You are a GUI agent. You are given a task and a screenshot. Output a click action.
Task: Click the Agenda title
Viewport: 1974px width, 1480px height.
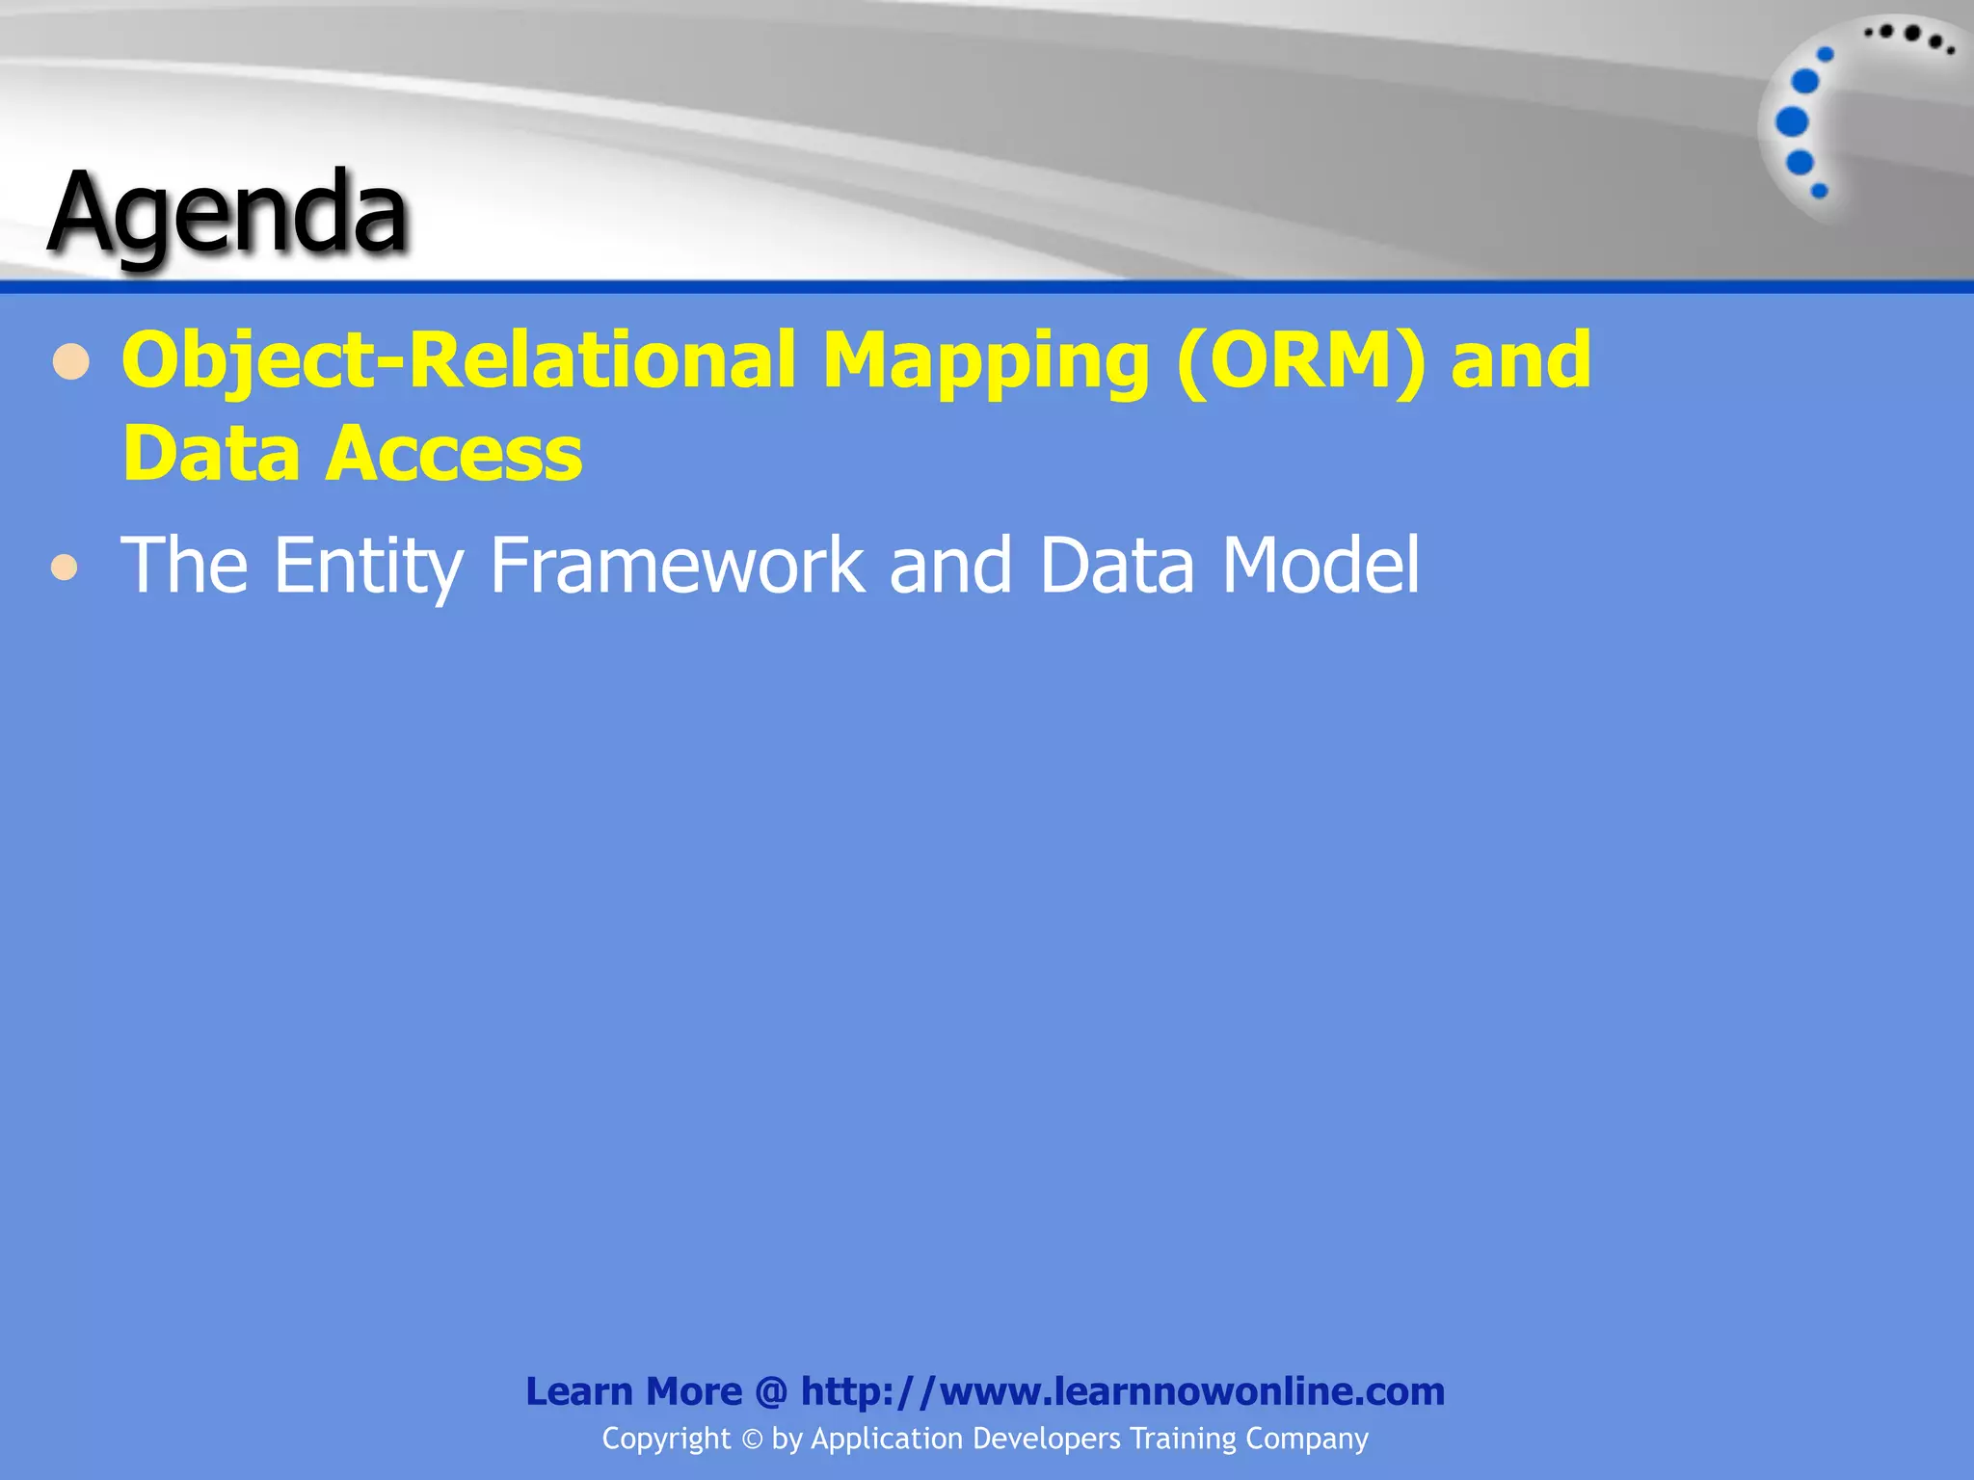coord(228,214)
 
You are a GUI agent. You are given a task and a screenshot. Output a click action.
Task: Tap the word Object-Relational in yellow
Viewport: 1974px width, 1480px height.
coord(459,360)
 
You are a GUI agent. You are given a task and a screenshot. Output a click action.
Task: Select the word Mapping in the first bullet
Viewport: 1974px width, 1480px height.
coord(985,362)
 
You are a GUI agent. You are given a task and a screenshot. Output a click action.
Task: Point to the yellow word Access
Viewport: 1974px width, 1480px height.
coord(454,454)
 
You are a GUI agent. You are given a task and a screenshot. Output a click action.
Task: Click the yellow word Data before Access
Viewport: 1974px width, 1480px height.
coord(211,454)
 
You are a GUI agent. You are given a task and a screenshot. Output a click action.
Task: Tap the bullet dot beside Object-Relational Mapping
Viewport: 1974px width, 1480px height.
coord(71,364)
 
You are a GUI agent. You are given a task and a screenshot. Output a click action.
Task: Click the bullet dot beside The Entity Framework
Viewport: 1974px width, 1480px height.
coord(65,568)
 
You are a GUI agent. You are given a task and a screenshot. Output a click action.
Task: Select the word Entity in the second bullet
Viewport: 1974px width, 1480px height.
coord(368,567)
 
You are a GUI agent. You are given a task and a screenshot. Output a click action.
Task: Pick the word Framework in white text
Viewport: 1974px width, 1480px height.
coord(677,565)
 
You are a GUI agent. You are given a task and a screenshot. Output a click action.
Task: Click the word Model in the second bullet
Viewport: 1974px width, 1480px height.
coord(1320,565)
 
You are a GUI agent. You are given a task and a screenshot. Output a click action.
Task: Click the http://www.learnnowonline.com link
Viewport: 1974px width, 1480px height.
coord(1122,1391)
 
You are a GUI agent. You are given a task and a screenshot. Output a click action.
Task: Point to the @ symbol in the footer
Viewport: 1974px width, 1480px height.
coord(771,1391)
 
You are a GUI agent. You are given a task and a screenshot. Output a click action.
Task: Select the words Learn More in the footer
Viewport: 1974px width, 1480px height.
coord(633,1391)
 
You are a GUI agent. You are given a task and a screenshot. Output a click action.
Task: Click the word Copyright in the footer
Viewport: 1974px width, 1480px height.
coord(666,1439)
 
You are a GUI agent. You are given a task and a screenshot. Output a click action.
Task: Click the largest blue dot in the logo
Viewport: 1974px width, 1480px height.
coord(1791,122)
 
